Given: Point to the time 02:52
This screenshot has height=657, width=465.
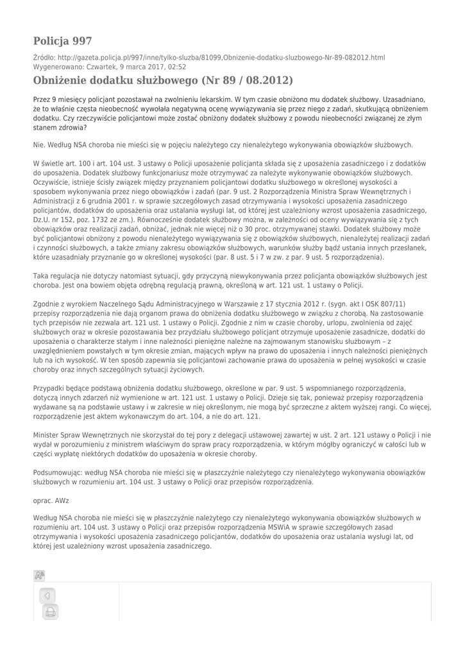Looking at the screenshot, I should tap(177, 67).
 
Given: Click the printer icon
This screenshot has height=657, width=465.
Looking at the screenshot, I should tap(50, 613).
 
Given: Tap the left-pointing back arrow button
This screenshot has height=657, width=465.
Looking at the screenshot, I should tap(47, 596).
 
